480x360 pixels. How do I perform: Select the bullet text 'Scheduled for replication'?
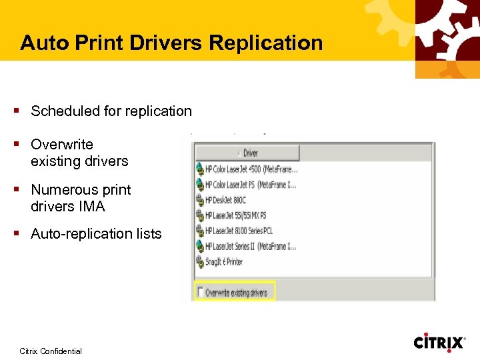click(x=111, y=111)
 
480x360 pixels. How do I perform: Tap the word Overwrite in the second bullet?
click(x=62, y=145)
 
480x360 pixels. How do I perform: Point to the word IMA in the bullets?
click(x=91, y=207)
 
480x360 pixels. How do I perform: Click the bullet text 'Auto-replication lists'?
click(x=96, y=234)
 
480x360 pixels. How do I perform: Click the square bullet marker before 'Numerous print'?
click(x=22, y=190)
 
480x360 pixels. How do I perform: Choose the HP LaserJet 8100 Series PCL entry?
click(x=239, y=231)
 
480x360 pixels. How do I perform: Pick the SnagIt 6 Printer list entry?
click(x=224, y=262)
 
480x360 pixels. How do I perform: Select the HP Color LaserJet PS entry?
click(x=250, y=184)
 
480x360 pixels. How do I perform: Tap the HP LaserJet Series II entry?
click(x=250, y=247)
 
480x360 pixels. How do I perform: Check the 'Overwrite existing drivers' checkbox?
click(x=199, y=292)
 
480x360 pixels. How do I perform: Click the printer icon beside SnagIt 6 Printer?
click(x=199, y=262)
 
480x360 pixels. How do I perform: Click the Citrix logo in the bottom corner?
click(x=439, y=342)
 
